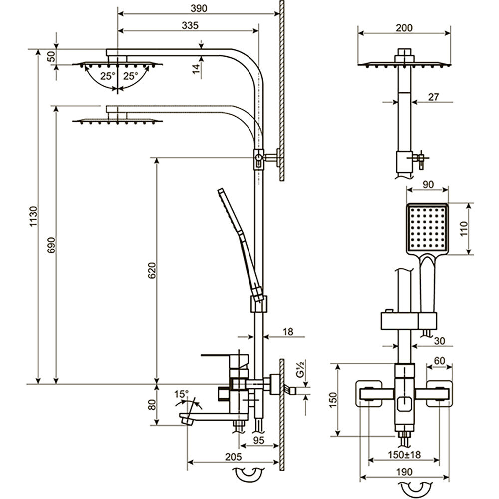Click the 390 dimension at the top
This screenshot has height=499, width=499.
pyautogui.click(x=198, y=8)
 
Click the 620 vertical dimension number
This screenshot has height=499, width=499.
pyautogui.click(x=152, y=270)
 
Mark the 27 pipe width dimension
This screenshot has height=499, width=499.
pyautogui.click(x=433, y=97)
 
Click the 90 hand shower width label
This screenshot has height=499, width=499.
pyautogui.click(x=428, y=184)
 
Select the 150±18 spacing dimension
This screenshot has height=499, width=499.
pyautogui.click(x=404, y=455)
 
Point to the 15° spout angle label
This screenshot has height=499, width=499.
pyautogui.click(x=182, y=394)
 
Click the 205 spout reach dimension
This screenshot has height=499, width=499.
pyautogui.click(x=233, y=456)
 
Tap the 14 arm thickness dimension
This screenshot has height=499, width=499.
pyautogui.click(x=196, y=68)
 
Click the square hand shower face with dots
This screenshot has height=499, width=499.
pyautogui.click(x=428, y=228)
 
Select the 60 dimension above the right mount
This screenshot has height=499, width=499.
pyautogui.click(x=439, y=360)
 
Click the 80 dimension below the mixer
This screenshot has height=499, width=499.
pyautogui.click(x=152, y=405)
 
